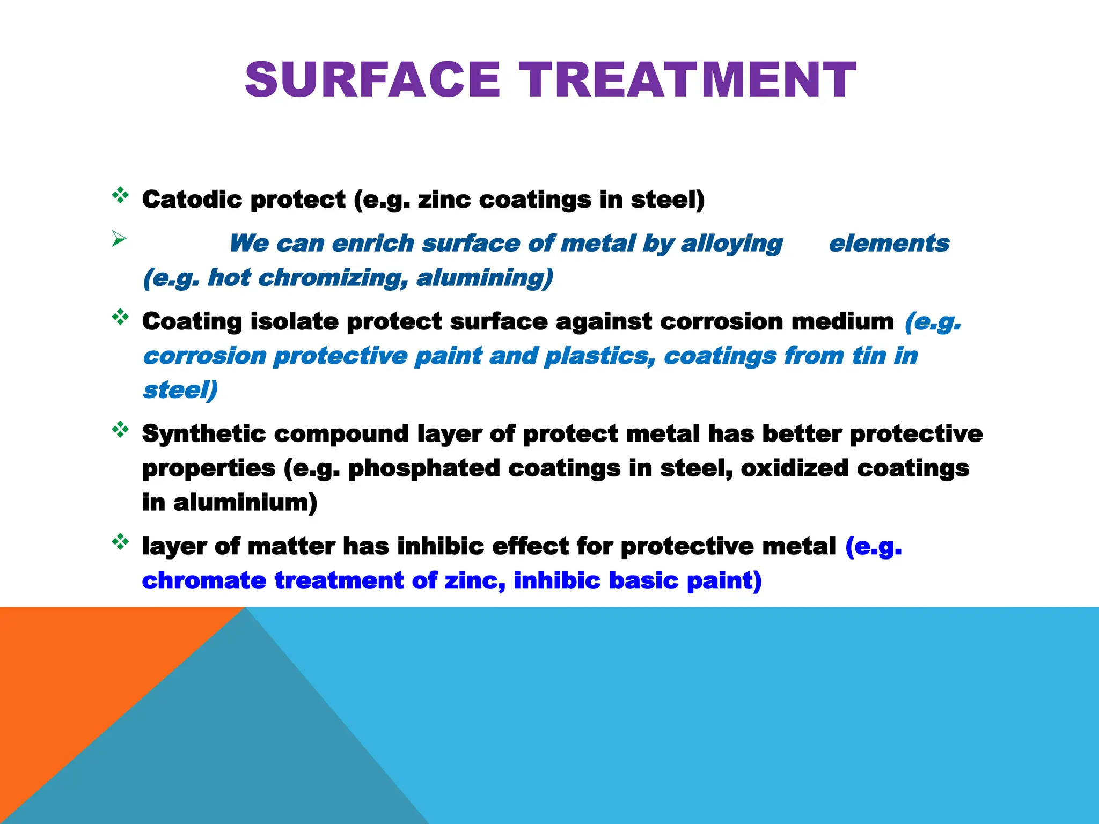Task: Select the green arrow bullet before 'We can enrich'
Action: point(119,238)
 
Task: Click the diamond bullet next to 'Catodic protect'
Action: point(120,195)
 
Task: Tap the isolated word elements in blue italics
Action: point(889,244)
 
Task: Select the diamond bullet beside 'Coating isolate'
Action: point(120,317)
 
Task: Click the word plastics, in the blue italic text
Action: point(600,356)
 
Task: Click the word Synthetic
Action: point(204,433)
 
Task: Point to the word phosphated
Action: point(424,468)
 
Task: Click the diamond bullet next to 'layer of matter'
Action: point(120,542)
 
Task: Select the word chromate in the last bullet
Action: point(204,581)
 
